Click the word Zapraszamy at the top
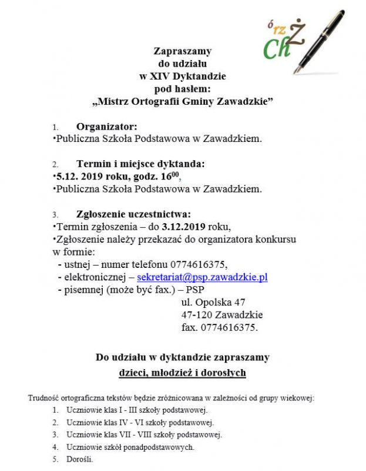[183, 51]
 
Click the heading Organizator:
[107, 127]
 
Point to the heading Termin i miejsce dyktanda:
[140, 164]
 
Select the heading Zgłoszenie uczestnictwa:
[133, 214]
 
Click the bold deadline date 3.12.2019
[186, 227]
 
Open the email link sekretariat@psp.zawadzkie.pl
[202, 277]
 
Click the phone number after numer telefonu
[197, 264]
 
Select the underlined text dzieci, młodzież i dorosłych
[182, 373]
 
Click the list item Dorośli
[80, 459]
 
